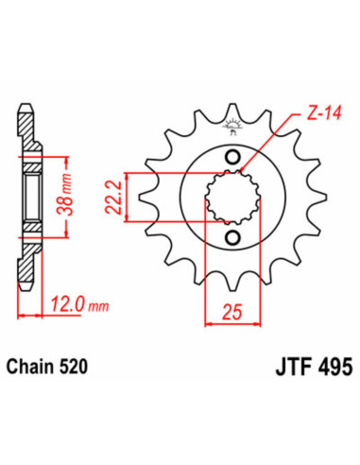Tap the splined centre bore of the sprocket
pyautogui.click(x=231, y=196)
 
